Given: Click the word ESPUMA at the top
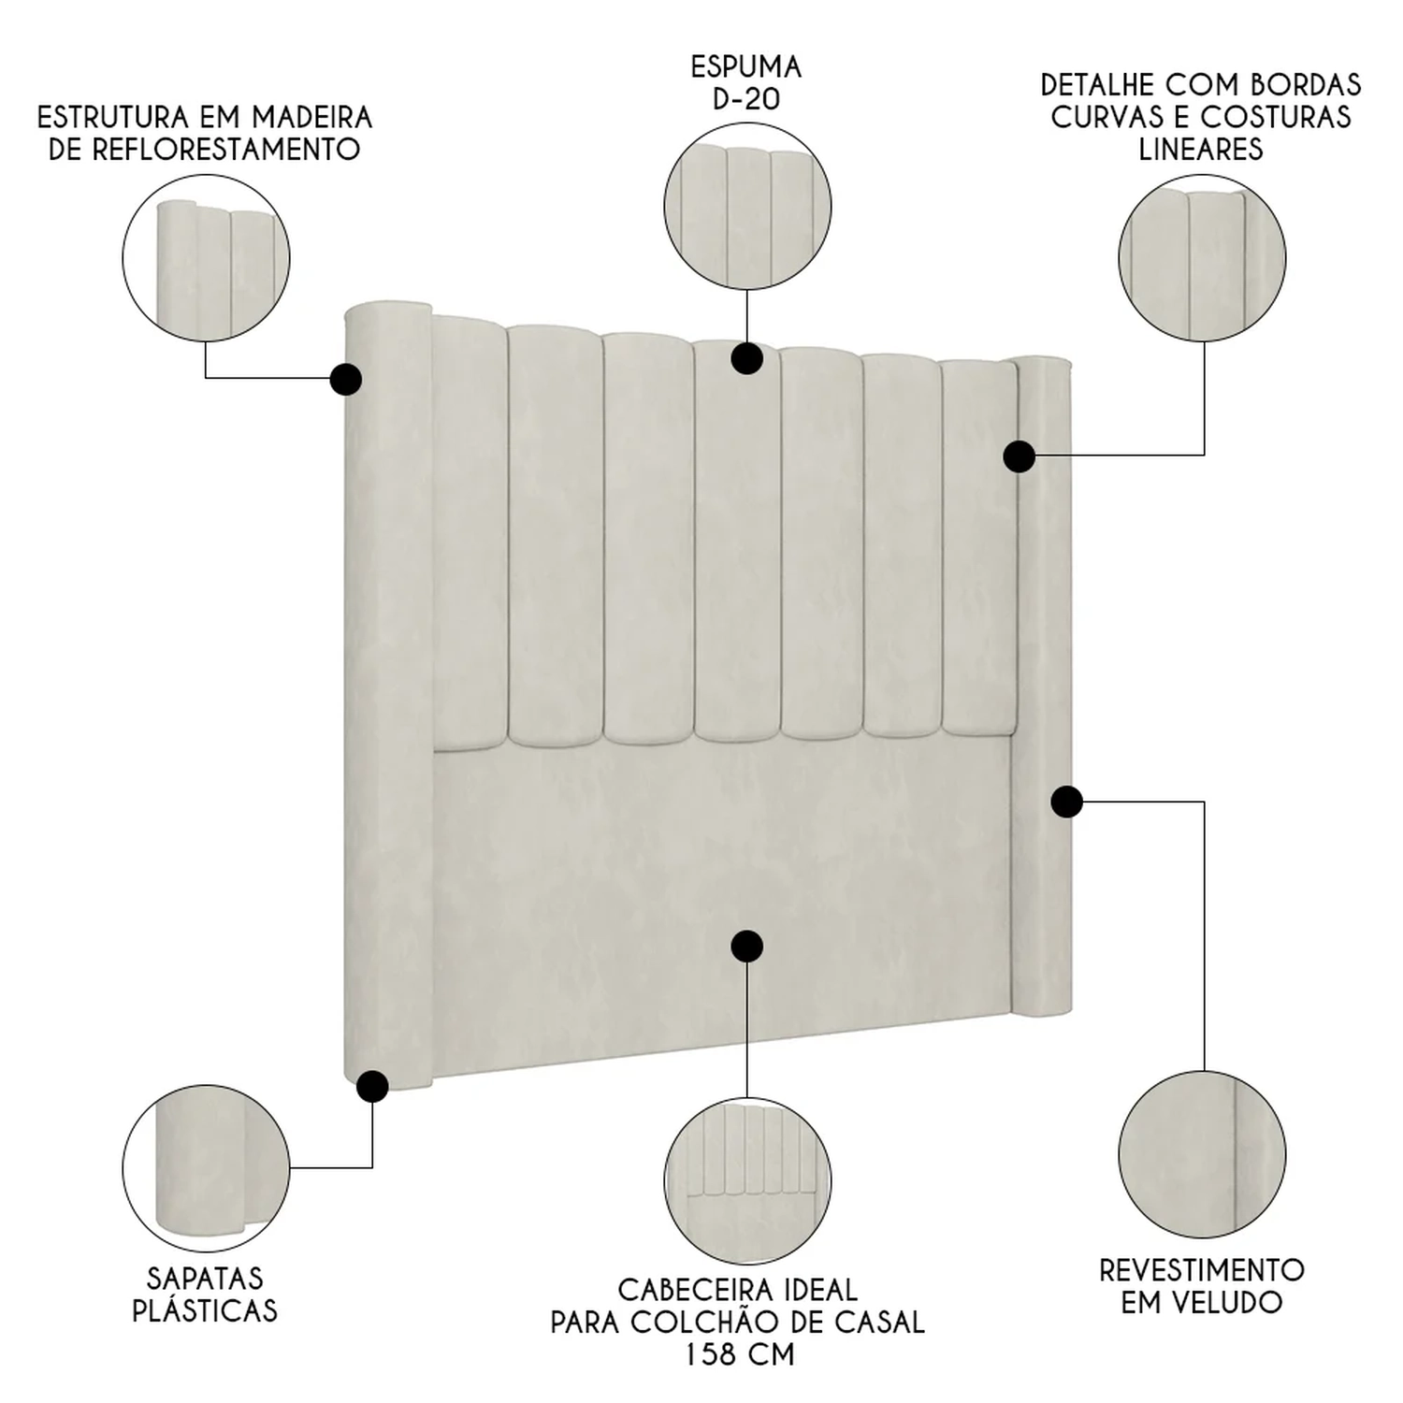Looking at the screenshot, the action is pos(746,67).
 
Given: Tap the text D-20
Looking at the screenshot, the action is pos(746,99).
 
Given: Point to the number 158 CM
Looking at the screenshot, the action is pos(739,1353).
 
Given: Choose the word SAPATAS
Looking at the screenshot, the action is pos(205,1279).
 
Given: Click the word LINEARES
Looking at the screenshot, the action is pos(1201,149).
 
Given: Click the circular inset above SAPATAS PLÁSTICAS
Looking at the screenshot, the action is pos(206,1168).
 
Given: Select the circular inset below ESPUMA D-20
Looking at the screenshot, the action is pos(747,206).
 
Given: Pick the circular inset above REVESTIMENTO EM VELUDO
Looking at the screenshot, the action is pos(1202,1155).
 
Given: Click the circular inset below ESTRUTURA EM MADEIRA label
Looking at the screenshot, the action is pos(206,258).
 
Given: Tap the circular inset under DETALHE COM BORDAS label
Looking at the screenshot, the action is pos(1202,257).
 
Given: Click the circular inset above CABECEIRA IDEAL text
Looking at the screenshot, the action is pos(747,1181).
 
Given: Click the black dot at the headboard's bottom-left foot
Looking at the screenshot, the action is pos(372,1087).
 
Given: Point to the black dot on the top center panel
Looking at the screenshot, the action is pos(746,358).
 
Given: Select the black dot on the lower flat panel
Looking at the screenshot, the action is pos(746,947).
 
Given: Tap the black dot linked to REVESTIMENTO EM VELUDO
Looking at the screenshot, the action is pos(1067,802).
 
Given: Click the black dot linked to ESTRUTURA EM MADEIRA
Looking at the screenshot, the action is pos(346,379).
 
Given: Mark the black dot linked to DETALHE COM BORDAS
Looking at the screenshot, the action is pos(1020,456).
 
